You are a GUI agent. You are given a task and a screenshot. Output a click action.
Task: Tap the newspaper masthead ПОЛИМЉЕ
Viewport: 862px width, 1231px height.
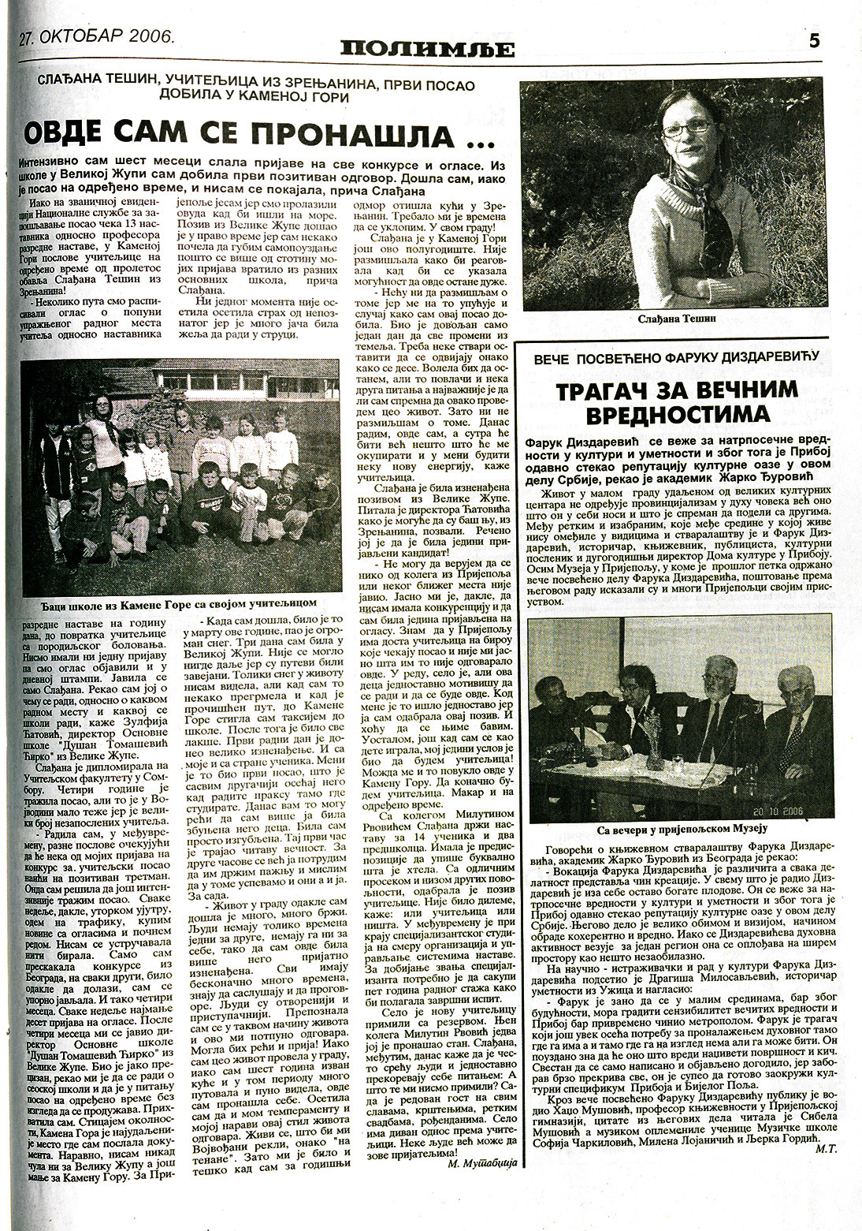(428, 50)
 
